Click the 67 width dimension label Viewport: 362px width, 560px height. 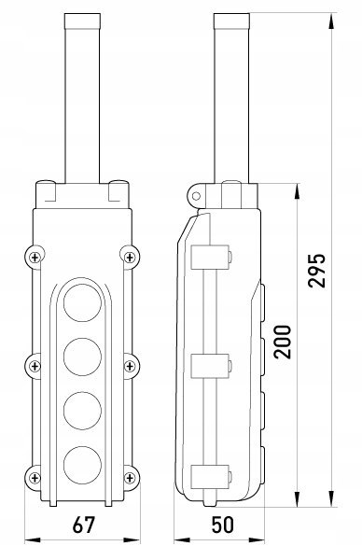[x=84, y=525]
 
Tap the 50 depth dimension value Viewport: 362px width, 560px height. [x=223, y=525]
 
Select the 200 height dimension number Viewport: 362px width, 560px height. [x=283, y=342]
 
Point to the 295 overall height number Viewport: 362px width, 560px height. [x=317, y=271]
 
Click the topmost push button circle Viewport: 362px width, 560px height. [x=82, y=302]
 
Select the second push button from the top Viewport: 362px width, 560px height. [x=82, y=357]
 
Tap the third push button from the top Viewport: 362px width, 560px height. [x=82, y=411]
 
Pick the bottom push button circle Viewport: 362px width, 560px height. [x=82, y=465]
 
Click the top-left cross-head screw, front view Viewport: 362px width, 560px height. [x=35, y=258]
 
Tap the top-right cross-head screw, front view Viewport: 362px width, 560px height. [x=130, y=258]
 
